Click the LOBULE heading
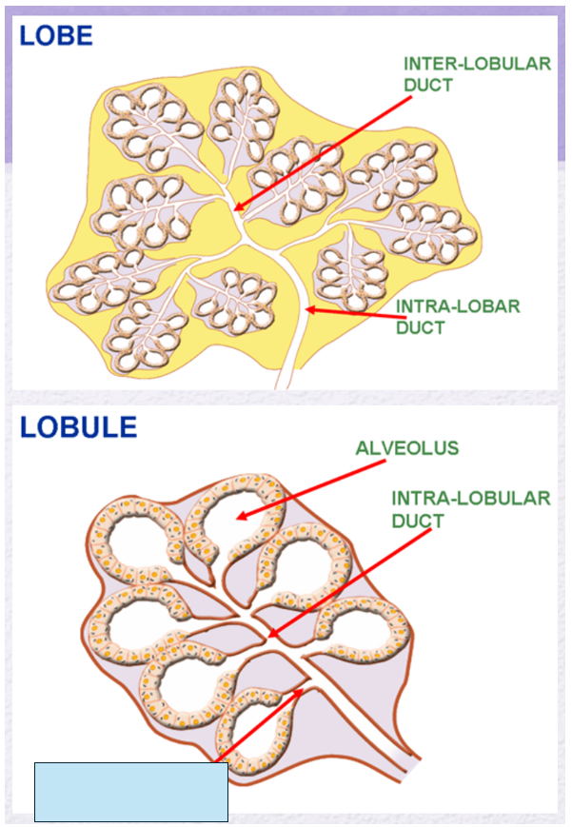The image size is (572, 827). [79, 426]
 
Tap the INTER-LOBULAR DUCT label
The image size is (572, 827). [477, 74]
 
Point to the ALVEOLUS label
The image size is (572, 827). [406, 448]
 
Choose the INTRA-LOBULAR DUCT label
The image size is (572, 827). [470, 509]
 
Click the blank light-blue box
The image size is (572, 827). [131, 792]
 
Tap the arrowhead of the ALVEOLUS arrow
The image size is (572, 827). [239, 518]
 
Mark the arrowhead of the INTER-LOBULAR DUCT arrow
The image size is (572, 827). [236, 209]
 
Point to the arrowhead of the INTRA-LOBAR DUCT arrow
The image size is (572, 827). [307, 309]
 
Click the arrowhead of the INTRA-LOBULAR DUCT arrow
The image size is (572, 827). [269, 636]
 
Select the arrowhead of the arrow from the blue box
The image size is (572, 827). [303, 690]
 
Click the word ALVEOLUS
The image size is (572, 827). [406, 448]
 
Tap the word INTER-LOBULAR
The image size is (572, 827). [477, 65]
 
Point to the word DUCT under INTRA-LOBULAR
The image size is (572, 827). [418, 521]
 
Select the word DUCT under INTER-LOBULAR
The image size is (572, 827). [427, 85]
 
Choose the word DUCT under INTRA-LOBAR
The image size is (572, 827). [421, 328]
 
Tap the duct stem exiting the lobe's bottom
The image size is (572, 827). [289, 371]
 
